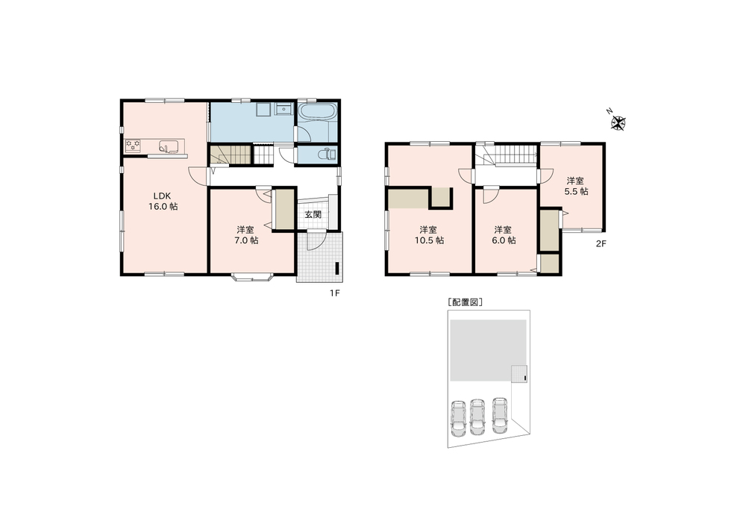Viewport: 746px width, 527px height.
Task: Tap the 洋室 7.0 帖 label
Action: (x=246, y=234)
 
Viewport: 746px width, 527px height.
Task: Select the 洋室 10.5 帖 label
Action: (x=429, y=234)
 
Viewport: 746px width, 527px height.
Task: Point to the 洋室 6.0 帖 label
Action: (x=504, y=234)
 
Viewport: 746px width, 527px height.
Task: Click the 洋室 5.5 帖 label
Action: (x=576, y=186)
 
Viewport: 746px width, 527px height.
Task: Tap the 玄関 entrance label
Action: (x=313, y=214)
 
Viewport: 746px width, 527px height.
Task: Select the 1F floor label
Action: (x=335, y=293)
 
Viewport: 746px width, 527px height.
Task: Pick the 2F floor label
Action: (x=601, y=244)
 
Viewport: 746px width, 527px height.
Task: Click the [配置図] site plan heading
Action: (x=465, y=302)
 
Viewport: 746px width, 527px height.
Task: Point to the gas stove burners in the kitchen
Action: (x=134, y=146)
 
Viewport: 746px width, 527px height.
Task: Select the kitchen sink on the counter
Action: (x=168, y=146)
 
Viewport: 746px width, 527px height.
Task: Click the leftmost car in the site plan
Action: (x=459, y=418)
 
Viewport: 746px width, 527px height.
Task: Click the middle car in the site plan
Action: (x=477, y=417)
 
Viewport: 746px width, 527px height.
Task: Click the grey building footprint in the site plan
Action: (x=488, y=350)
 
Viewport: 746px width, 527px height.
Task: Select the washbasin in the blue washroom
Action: (x=283, y=110)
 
